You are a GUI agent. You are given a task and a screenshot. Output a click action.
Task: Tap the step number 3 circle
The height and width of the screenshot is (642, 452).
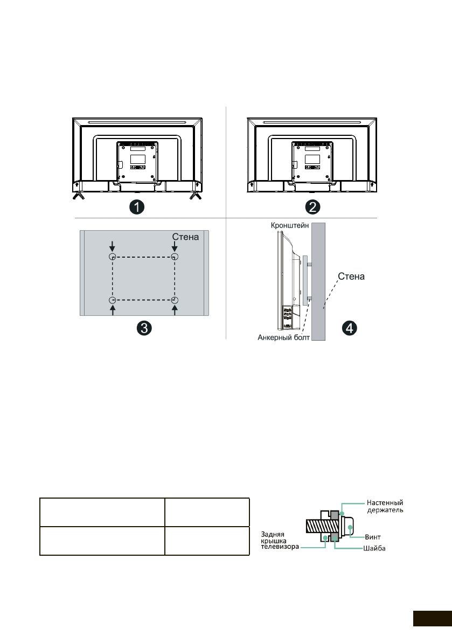tap(144, 327)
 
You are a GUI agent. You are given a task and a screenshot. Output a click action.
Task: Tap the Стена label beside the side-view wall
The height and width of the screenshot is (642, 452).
tap(351, 277)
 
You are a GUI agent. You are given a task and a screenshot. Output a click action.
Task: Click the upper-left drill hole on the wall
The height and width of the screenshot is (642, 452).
tap(112, 257)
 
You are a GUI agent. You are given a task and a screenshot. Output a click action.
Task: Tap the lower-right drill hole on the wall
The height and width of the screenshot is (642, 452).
tap(175, 300)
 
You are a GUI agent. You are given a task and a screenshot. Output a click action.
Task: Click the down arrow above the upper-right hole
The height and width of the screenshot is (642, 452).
tap(175, 246)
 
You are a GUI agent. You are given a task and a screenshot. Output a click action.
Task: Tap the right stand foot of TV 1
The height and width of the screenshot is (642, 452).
tap(193, 196)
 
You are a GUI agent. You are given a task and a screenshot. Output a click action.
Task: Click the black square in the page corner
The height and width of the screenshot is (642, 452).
tap(432, 619)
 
